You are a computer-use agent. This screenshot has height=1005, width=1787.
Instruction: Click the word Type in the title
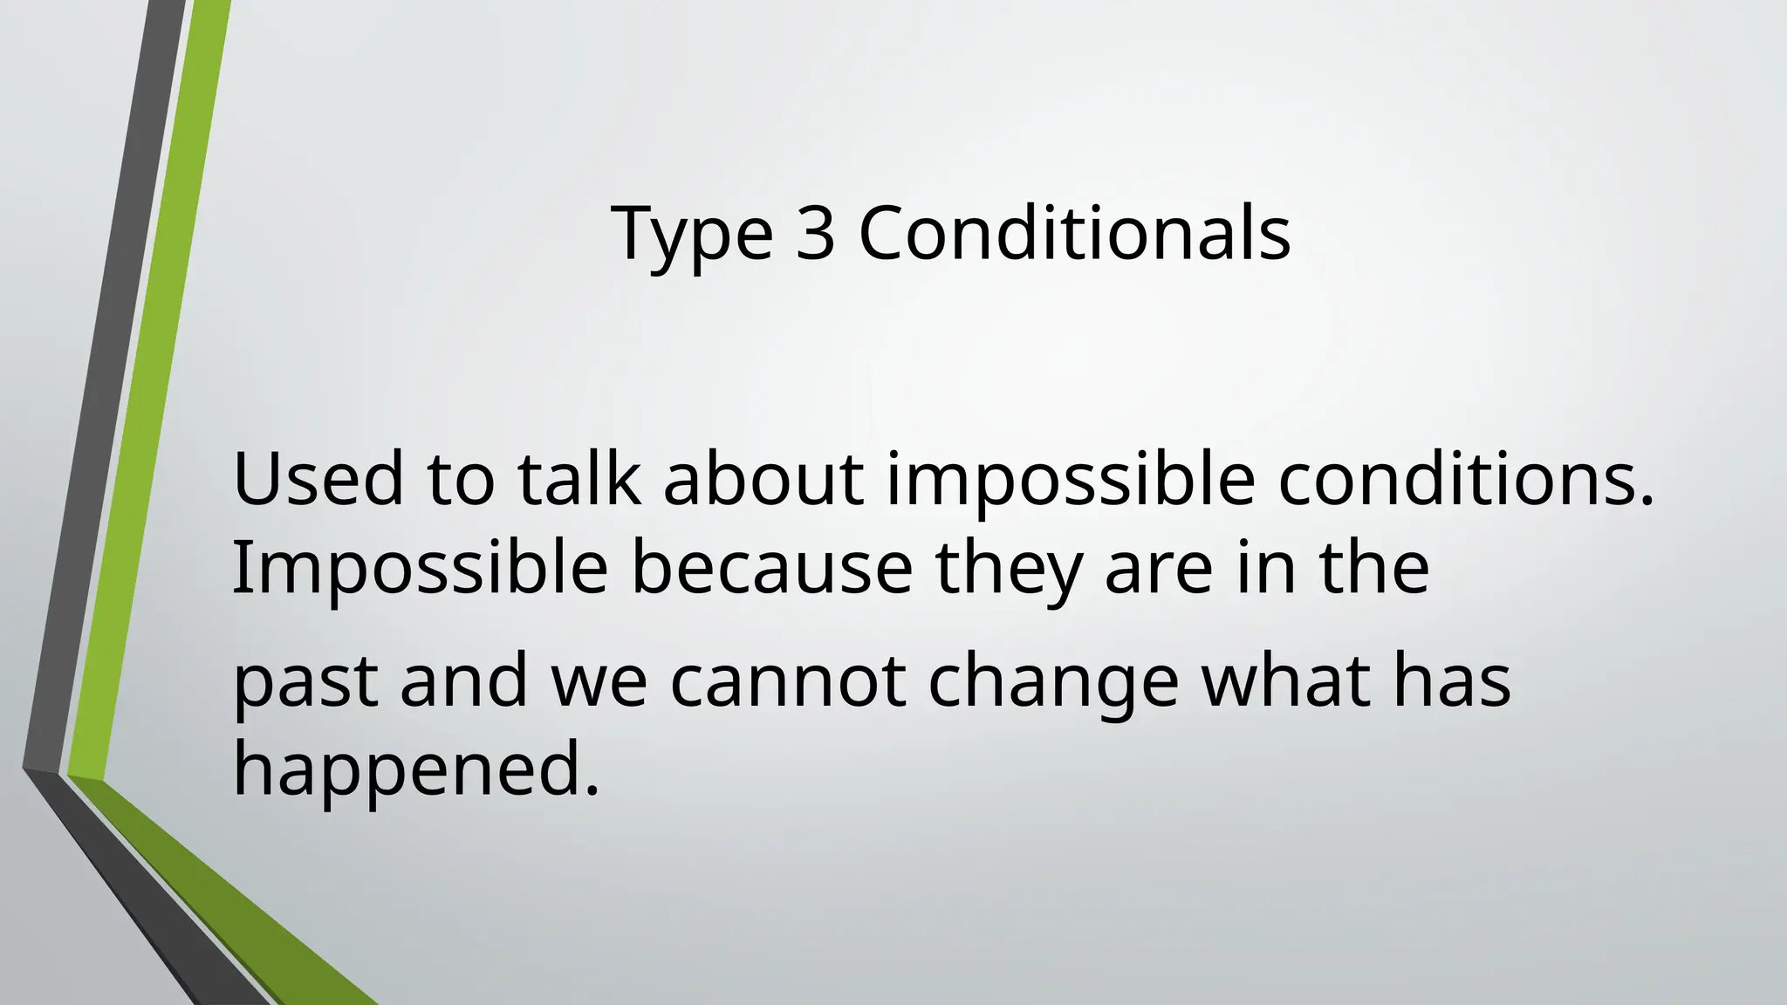692,233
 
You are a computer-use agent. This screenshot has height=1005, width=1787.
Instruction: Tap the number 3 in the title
815,233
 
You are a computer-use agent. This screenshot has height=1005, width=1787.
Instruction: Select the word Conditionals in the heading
1074,233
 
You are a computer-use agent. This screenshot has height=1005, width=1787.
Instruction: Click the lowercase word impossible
1072,482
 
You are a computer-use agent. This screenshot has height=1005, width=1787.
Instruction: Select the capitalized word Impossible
420,569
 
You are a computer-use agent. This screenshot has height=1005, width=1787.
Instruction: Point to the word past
305,682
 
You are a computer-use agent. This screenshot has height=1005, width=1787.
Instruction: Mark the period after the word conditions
1647,501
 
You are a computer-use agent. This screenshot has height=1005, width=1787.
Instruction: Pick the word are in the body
1158,569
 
